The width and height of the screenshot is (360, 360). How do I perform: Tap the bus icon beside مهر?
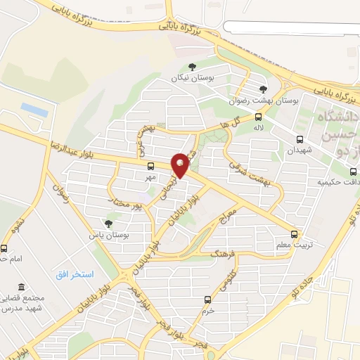pyautogui.click(x=150, y=167)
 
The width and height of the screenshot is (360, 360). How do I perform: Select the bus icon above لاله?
pyautogui.click(x=258, y=117)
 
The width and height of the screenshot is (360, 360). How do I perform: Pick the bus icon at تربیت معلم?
pyautogui.click(x=295, y=234)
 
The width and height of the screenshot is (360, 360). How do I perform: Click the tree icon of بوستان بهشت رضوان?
pyautogui.click(x=263, y=89)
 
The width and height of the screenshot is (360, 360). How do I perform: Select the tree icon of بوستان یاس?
pyautogui.click(x=108, y=223)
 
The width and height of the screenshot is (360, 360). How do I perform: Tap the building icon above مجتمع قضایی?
pyautogui.click(x=23, y=288)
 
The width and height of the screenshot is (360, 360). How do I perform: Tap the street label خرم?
pyautogui.click(x=207, y=309)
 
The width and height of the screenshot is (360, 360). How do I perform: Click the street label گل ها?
pyautogui.click(x=237, y=122)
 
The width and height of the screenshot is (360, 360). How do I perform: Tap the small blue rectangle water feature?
pyautogui.click(x=34, y=110)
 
